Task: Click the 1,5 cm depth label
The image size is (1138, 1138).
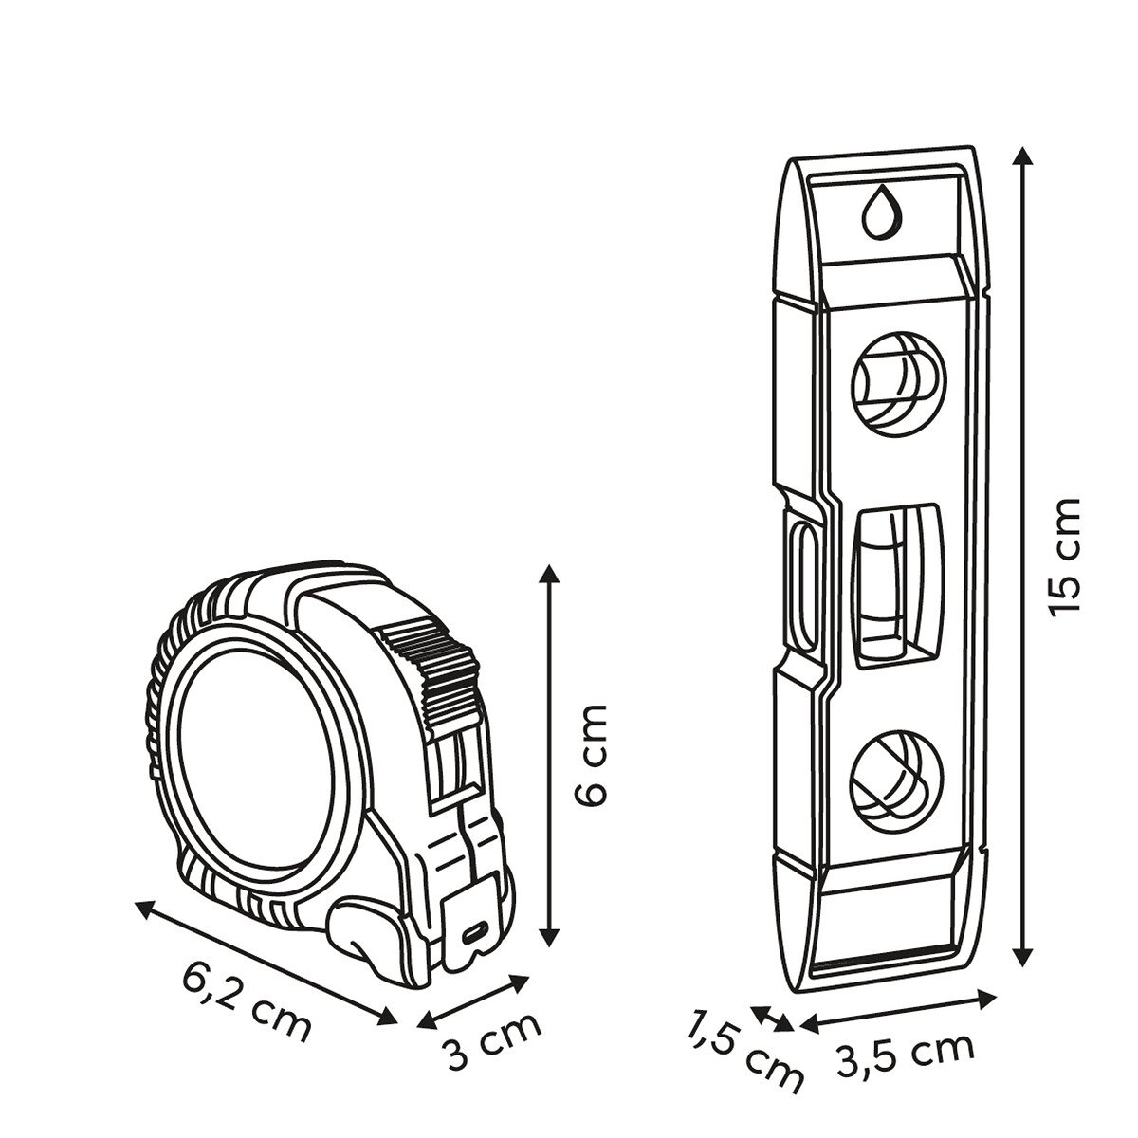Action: (744, 1055)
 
